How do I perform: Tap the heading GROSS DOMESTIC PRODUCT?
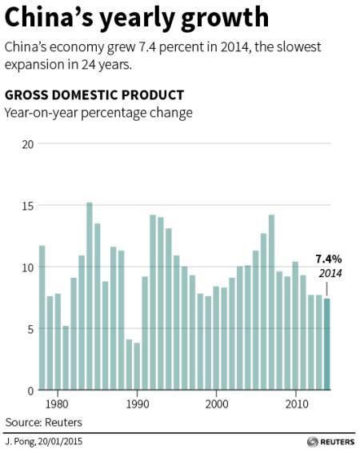point(94,95)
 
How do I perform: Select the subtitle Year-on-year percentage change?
point(98,113)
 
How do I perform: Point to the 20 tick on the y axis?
point(28,144)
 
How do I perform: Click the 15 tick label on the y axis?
point(28,206)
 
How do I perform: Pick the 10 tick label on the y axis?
point(28,267)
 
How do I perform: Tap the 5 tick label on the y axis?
point(30,329)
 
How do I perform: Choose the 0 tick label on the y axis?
point(30,390)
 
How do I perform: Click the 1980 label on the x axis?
point(57,404)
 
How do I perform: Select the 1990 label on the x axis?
point(137,404)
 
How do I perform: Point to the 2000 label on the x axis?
point(217,404)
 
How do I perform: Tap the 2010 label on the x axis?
point(296,404)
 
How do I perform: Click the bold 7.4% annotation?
point(328,259)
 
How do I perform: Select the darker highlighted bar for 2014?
point(327,344)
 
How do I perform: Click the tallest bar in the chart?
point(89,296)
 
